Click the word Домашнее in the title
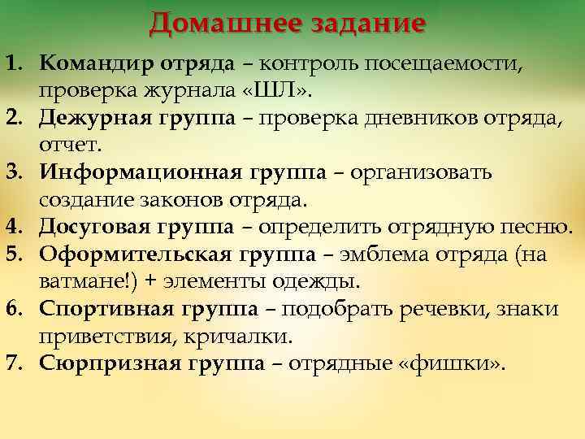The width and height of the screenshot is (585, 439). point(220,22)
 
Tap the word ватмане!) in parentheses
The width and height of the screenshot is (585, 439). point(82,281)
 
